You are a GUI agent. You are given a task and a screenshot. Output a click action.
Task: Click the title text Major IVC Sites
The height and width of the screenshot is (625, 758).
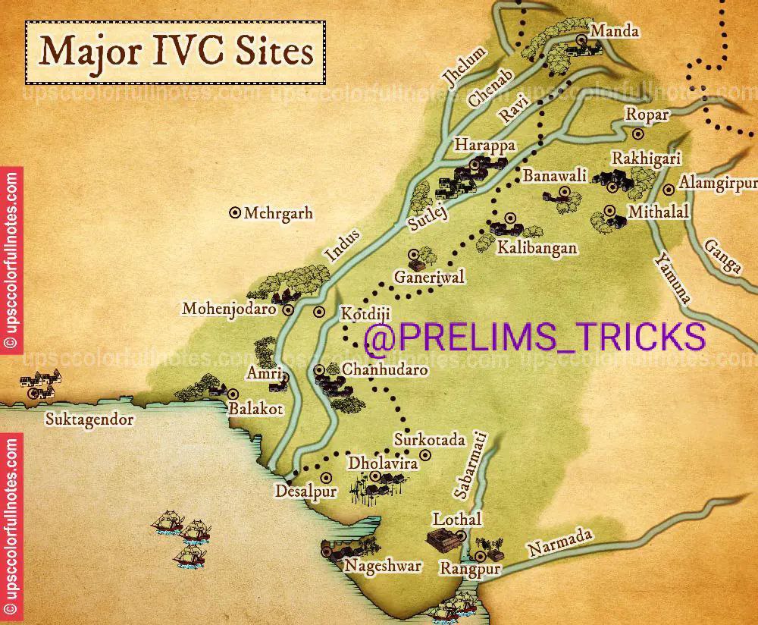coord(176,52)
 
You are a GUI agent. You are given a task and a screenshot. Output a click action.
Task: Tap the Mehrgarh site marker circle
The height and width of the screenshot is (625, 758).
coord(235,213)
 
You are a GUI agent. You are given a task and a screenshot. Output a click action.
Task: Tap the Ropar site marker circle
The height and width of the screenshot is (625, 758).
coord(637,133)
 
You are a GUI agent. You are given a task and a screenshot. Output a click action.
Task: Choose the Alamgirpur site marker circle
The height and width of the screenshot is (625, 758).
coord(668,189)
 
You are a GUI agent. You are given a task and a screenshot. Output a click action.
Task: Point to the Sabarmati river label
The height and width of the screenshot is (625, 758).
coord(470,465)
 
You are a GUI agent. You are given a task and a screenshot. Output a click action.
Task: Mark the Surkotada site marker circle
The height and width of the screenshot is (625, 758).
coord(425,454)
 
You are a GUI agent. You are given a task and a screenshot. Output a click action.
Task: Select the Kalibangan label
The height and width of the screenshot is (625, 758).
coord(537,248)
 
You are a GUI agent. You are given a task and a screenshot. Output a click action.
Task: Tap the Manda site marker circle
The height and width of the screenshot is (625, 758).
coord(581,40)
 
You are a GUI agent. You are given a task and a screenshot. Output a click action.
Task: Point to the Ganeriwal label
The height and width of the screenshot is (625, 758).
coord(429,278)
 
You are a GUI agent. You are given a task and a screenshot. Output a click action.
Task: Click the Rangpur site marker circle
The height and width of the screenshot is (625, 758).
coord(480,556)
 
